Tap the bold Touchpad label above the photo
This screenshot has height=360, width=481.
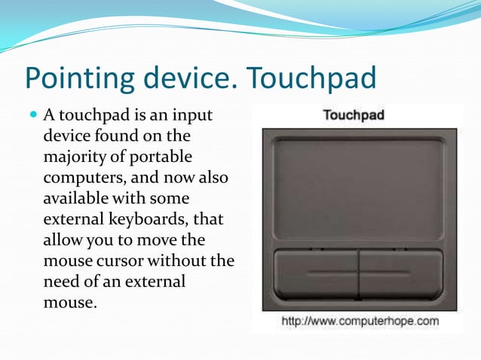[354, 115]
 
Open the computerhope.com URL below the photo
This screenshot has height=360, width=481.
[360, 322]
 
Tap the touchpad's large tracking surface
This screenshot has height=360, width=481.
[358, 188]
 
